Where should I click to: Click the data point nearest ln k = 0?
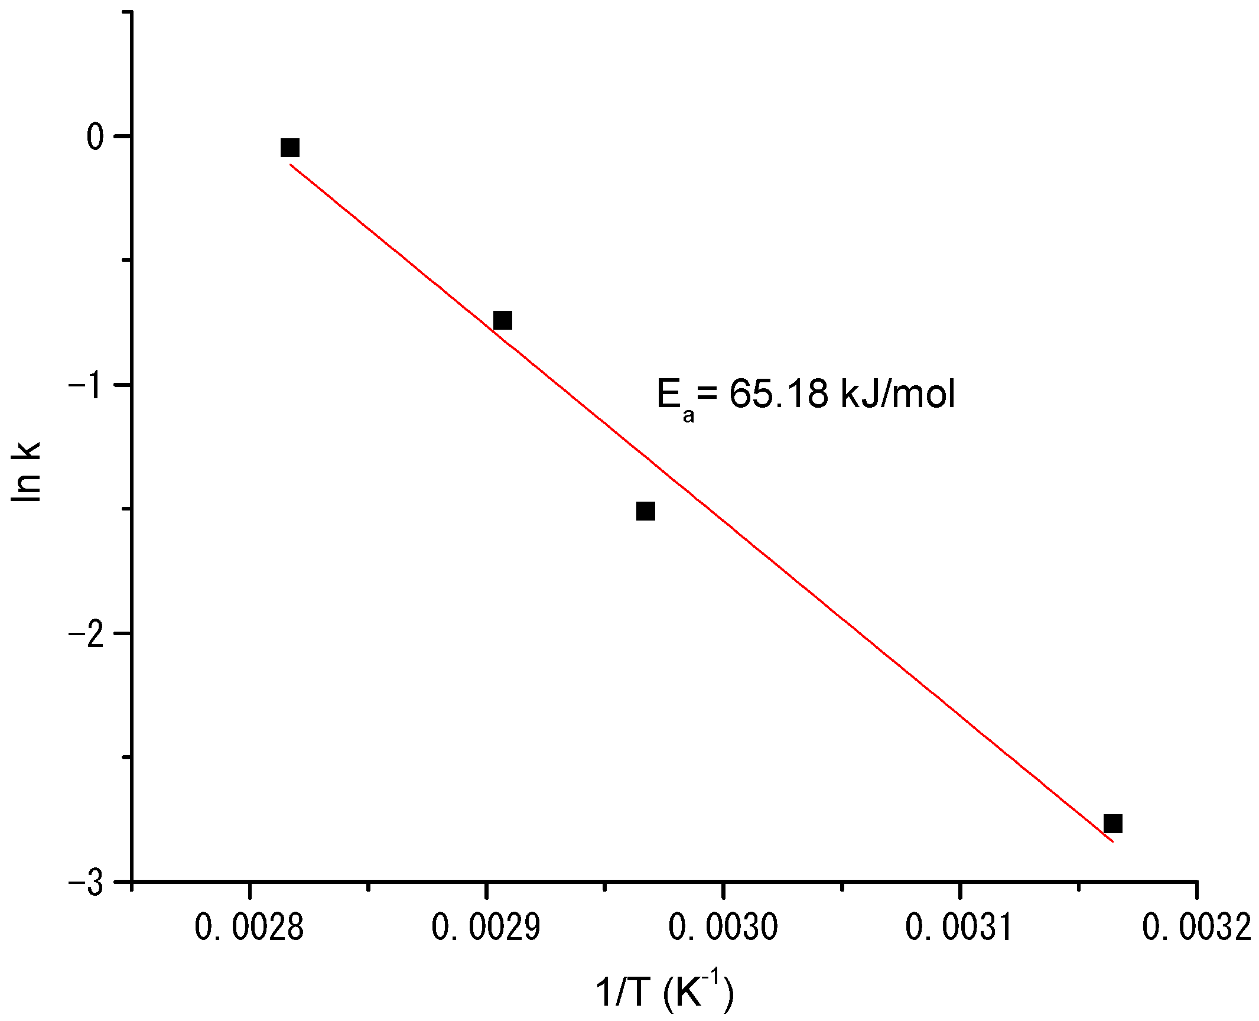(x=290, y=148)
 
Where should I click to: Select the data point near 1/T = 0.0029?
(x=502, y=320)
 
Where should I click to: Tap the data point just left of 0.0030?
(x=646, y=511)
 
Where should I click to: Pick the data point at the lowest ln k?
(x=1112, y=823)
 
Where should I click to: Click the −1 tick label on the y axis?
(x=89, y=385)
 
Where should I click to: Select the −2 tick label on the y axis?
(x=89, y=633)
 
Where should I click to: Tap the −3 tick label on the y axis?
(x=89, y=882)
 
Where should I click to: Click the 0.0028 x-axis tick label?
(x=249, y=928)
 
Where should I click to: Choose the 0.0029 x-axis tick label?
(x=486, y=928)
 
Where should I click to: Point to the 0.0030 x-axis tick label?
(x=723, y=928)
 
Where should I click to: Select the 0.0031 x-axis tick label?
(x=960, y=928)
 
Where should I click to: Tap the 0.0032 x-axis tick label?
(x=1197, y=928)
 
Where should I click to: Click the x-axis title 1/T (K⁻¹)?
(x=665, y=993)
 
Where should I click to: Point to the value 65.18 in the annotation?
(x=778, y=394)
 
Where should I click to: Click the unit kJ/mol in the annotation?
(x=896, y=394)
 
